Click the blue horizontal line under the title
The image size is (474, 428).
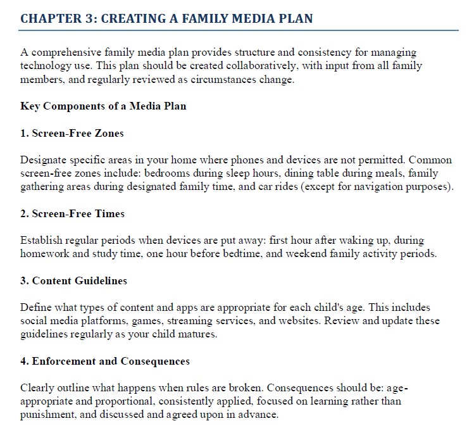[239, 30]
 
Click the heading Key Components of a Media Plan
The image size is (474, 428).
[104, 106]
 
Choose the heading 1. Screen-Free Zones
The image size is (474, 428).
[72, 133]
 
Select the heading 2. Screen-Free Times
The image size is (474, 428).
[72, 214]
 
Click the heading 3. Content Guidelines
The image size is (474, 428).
[74, 280]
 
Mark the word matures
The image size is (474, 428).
[199, 334]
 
